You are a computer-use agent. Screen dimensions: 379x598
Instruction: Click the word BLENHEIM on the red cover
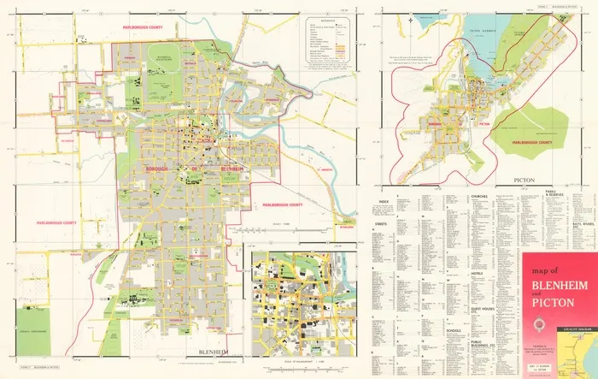tap(558, 287)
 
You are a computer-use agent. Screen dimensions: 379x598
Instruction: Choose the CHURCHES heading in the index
tap(480, 195)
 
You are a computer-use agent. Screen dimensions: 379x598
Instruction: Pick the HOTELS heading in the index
tap(478, 273)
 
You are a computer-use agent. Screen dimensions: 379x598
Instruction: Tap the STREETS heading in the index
tap(380, 222)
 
